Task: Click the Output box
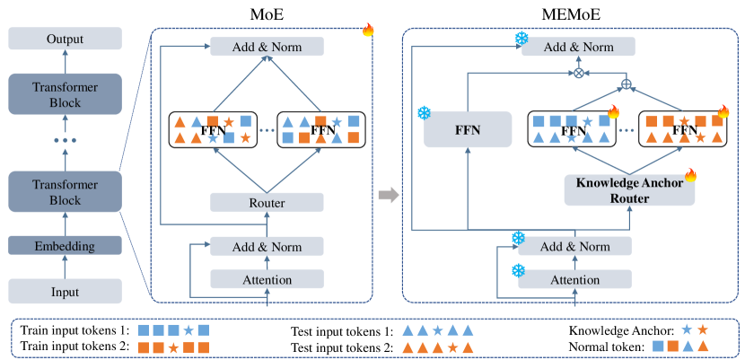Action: point(64,39)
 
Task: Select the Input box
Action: point(64,290)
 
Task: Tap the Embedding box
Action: point(64,244)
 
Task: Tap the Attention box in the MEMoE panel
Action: point(574,280)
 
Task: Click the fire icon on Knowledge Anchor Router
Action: point(690,174)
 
